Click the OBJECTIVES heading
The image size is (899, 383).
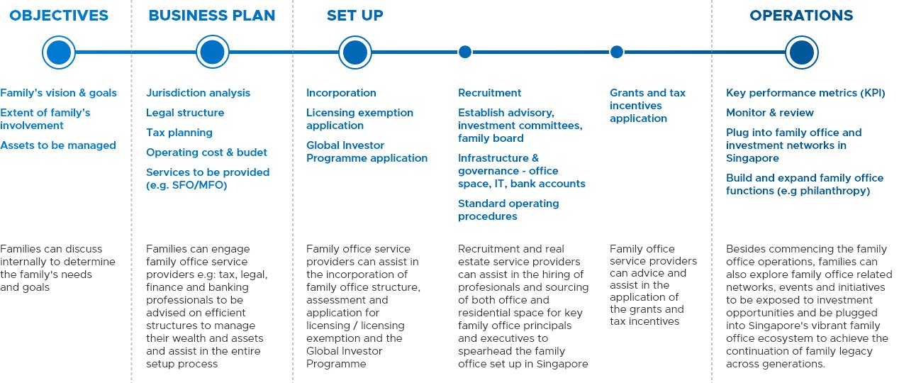tap(59, 16)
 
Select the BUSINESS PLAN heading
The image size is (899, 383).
tap(212, 16)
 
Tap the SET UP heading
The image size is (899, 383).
tap(354, 16)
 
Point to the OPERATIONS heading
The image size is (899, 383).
tap(801, 16)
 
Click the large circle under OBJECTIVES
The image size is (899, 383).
tap(59, 52)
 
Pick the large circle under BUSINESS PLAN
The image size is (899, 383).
tap(212, 52)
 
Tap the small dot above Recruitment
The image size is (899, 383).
tap(465, 52)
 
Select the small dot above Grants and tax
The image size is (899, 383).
tap(616, 52)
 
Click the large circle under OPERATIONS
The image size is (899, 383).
tap(801, 52)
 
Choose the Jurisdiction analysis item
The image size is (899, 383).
tap(198, 93)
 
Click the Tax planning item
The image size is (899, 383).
tap(179, 133)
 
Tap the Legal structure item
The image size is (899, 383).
tap(185, 112)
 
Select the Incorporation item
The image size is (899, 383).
tap(341, 93)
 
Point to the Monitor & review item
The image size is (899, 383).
tap(770, 112)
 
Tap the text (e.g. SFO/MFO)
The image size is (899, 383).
tap(186, 185)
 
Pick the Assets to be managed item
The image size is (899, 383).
tap(58, 145)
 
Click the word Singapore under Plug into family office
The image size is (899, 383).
tap(752, 158)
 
